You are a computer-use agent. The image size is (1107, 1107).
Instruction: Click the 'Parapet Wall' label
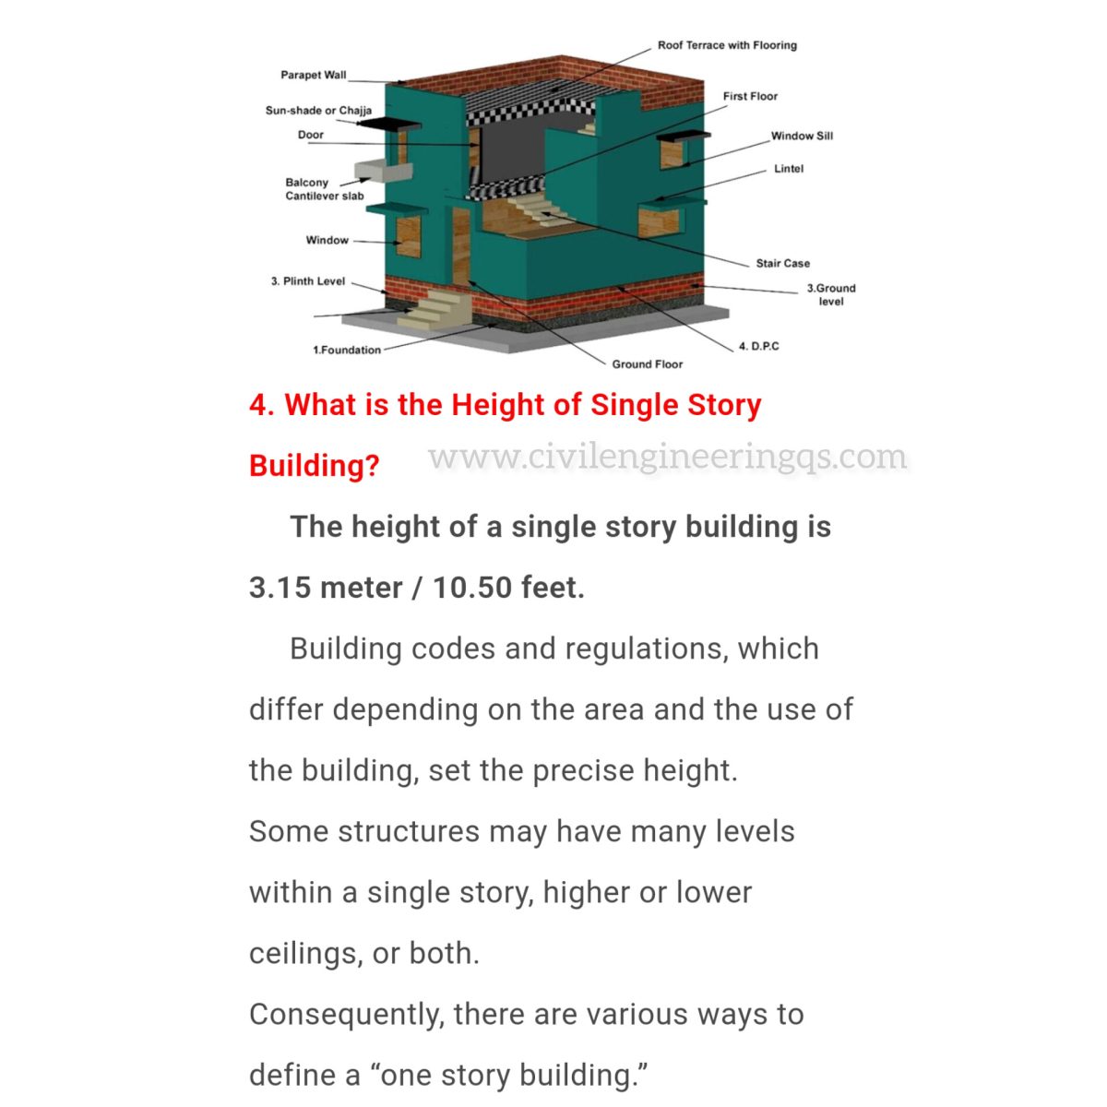point(314,75)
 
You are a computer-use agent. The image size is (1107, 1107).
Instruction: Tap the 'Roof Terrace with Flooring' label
point(727,45)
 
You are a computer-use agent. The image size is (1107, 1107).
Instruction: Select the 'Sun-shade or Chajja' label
point(318,111)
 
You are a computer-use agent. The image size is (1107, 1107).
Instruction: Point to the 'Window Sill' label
point(802,136)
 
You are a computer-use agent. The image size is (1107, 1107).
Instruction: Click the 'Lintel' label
point(789,169)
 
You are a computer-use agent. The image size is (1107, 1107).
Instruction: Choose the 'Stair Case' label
point(782,263)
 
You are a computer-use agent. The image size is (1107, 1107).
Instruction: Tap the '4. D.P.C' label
point(758,346)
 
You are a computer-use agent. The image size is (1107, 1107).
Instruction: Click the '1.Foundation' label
point(347,350)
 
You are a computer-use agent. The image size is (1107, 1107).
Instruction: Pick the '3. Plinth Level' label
point(308,281)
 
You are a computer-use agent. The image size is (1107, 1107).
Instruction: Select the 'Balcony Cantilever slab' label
point(324,189)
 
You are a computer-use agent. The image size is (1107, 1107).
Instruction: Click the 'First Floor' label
point(750,96)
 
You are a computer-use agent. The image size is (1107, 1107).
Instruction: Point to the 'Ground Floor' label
point(648,364)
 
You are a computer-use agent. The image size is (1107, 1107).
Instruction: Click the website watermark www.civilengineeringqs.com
point(668,458)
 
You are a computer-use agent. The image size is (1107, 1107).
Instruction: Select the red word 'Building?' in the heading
point(314,465)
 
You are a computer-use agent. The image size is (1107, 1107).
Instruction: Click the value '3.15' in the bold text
point(280,588)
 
